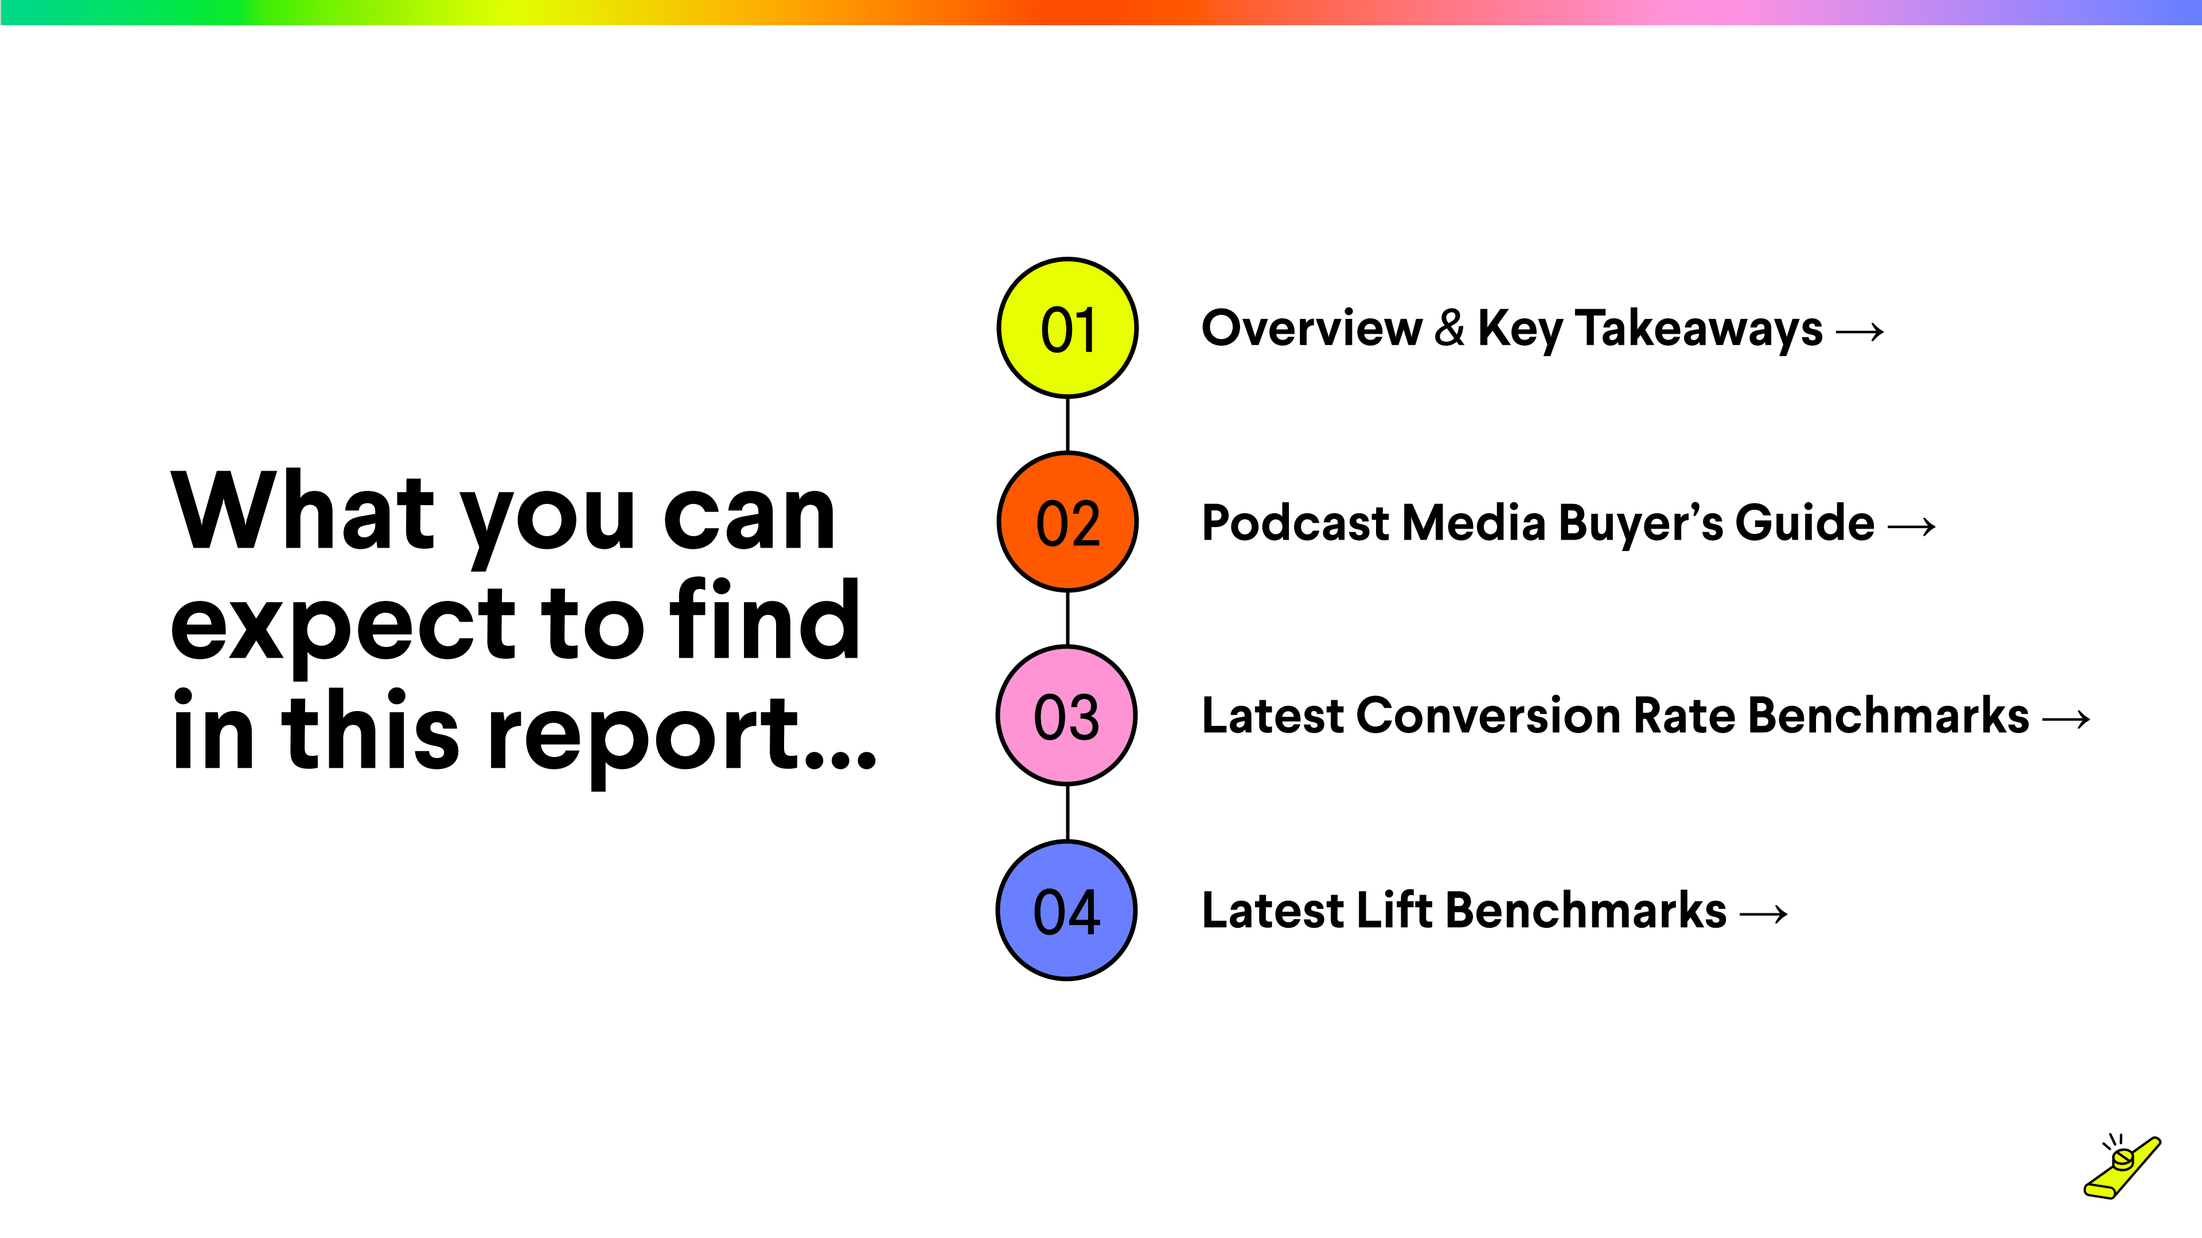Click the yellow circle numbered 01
click(x=1067, y=328)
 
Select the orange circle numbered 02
click(x=1067, y=522)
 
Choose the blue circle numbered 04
click(x=1067, y=910)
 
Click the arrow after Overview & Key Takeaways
click(x=1860, y=331)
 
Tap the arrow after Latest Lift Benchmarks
click(x=1763, y=914)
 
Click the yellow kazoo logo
click(x=2122, y=1167)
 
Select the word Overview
click(x=1311, y=328)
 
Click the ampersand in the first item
click(x=1450, y=328)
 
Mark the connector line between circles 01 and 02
click(x=1067, y=425)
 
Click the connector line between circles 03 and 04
click(x=1067, y=813)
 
